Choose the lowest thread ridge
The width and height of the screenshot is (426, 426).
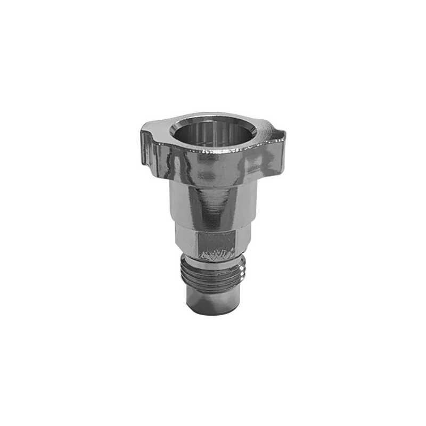tap(213, 287)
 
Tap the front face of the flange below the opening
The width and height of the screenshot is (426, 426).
tap(213, 165)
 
